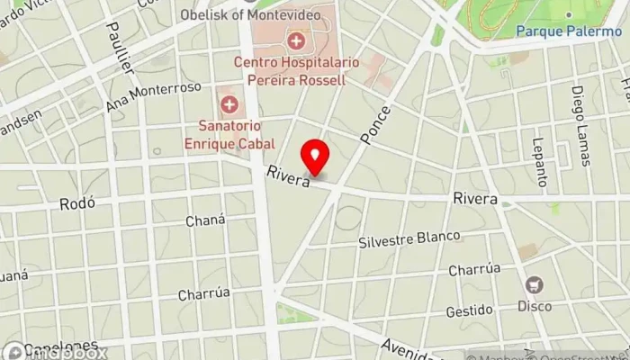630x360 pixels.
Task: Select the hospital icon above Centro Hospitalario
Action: pyautogui.click(x=296, y=40)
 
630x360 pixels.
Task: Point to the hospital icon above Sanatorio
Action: pyautogui.click(x=229, y=104)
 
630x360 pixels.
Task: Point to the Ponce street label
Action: pyautogui.click(x=375, y=125)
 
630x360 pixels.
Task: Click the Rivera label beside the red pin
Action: pyautogui.click(x=287, y=176)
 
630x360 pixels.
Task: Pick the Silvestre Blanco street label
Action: pyautogui.click(x=409, y=239)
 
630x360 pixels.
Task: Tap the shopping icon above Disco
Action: pyautogui.click(x=535, y=284)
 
